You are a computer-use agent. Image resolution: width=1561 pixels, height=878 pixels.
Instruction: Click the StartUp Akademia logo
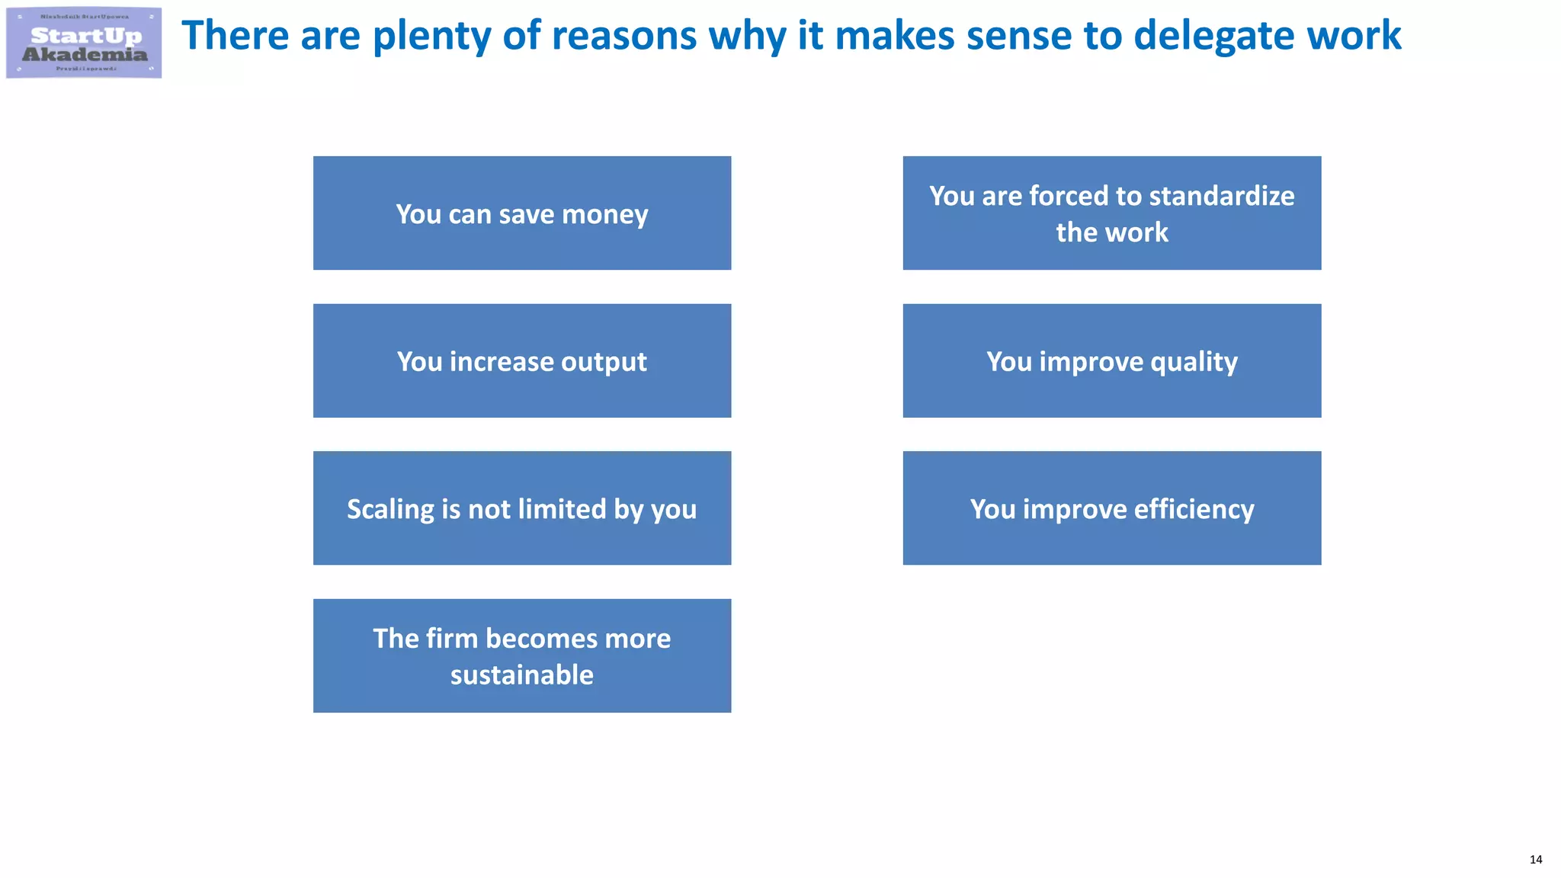tap(84, 43)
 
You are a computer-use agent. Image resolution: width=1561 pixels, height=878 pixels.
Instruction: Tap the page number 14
tap(1535, 859)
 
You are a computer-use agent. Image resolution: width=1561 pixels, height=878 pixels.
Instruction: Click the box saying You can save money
tap(522, 213)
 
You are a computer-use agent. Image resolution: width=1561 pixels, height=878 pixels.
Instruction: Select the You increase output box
tap(522, 360)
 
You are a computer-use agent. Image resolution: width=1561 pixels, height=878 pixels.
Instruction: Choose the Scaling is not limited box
tap(522, 508)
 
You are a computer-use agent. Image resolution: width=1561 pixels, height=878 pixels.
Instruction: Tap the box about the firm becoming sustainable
tap(522, 655)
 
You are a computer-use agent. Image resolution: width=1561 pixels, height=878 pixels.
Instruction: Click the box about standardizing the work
tap(1111, 213)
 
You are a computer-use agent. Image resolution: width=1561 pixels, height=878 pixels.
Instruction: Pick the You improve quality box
tap(1111, 360)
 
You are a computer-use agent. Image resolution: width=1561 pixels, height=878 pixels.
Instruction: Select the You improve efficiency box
tap(1111, 508)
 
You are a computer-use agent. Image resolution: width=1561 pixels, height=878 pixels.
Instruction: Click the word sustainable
tap(522, 675)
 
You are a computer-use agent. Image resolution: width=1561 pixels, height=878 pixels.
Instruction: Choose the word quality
tap(1194, 362)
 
